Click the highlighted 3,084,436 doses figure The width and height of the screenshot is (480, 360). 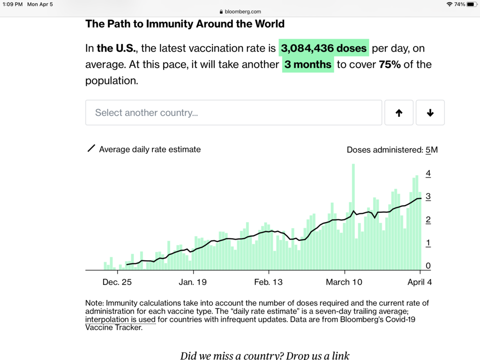pyautogui.click(x=324, y=48)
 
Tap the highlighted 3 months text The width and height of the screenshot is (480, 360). pyautogui.click(x=308, y=65)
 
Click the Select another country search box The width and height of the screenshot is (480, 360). pyautogui.click(x=233, y=112)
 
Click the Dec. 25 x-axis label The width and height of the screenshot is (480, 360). pyautogui.click(x=117, y=282)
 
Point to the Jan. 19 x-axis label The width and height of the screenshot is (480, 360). pyautogui.click(x=193, y=282)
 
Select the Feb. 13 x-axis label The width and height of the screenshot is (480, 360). pyautogui.click(x=268, y=282)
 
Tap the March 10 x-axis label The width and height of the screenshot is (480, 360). pyautogui.click(x=344, y=282)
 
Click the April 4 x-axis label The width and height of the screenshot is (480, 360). pyautogui.click(x=420, y=282)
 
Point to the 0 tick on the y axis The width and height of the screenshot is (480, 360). pyautogui.click(x=428, y=266)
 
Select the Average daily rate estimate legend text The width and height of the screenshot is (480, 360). pyautogui.click(x=150, y=150)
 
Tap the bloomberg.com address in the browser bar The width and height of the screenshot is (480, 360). pyautogui.click(x=243, y=12)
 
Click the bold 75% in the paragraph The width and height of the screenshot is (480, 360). pyautogui.click(x=390, y=65)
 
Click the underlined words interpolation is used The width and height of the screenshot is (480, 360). pyautogui.click(x=120, y=320)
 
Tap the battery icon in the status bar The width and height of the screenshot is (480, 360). pyautogui.click(x=471, y=4)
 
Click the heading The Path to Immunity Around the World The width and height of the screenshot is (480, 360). pyautogui.click(x=185, y=24)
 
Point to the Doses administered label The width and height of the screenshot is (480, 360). pyautogui.click(x=384, y=150)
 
